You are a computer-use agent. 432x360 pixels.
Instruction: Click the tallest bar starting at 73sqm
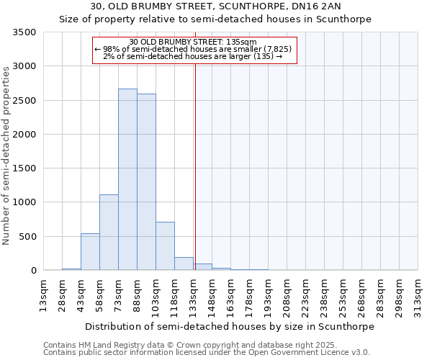click(127, 180)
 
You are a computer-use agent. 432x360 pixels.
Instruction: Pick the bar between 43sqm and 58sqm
click(90, 252)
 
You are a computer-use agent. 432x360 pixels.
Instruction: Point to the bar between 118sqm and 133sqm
click(184, 264)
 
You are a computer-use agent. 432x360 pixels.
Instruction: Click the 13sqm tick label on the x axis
click(43, 295)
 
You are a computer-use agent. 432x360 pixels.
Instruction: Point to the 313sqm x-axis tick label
click(418, 295)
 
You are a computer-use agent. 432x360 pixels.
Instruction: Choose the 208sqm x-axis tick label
click(287, 295)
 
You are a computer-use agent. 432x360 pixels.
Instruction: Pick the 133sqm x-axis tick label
click(193, 295)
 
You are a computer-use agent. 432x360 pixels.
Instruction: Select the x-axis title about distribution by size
click(230, 326)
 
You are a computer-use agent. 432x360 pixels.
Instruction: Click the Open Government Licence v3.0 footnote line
click(207, 353)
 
